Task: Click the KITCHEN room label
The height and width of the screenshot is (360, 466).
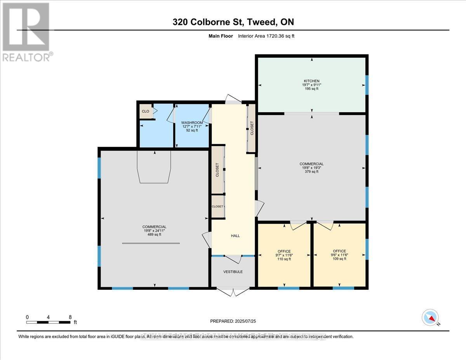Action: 311,81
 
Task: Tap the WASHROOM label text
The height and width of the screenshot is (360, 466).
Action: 192,122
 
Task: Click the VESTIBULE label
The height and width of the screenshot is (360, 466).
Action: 233,271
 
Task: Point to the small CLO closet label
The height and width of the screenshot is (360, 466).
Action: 145,111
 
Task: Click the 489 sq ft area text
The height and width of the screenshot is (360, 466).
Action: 154,235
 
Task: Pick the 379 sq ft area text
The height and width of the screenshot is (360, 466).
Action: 311,171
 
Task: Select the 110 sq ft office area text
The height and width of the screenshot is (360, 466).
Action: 284,259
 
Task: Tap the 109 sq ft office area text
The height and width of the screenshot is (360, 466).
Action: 339,259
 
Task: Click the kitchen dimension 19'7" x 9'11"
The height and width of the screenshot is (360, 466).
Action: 311,85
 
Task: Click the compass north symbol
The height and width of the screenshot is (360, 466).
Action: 430,317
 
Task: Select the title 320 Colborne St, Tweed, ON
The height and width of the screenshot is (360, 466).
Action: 233,22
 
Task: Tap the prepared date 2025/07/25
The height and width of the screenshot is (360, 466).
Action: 233,321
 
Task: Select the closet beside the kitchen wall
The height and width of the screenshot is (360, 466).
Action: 252,128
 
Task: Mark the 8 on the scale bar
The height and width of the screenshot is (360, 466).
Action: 70,317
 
